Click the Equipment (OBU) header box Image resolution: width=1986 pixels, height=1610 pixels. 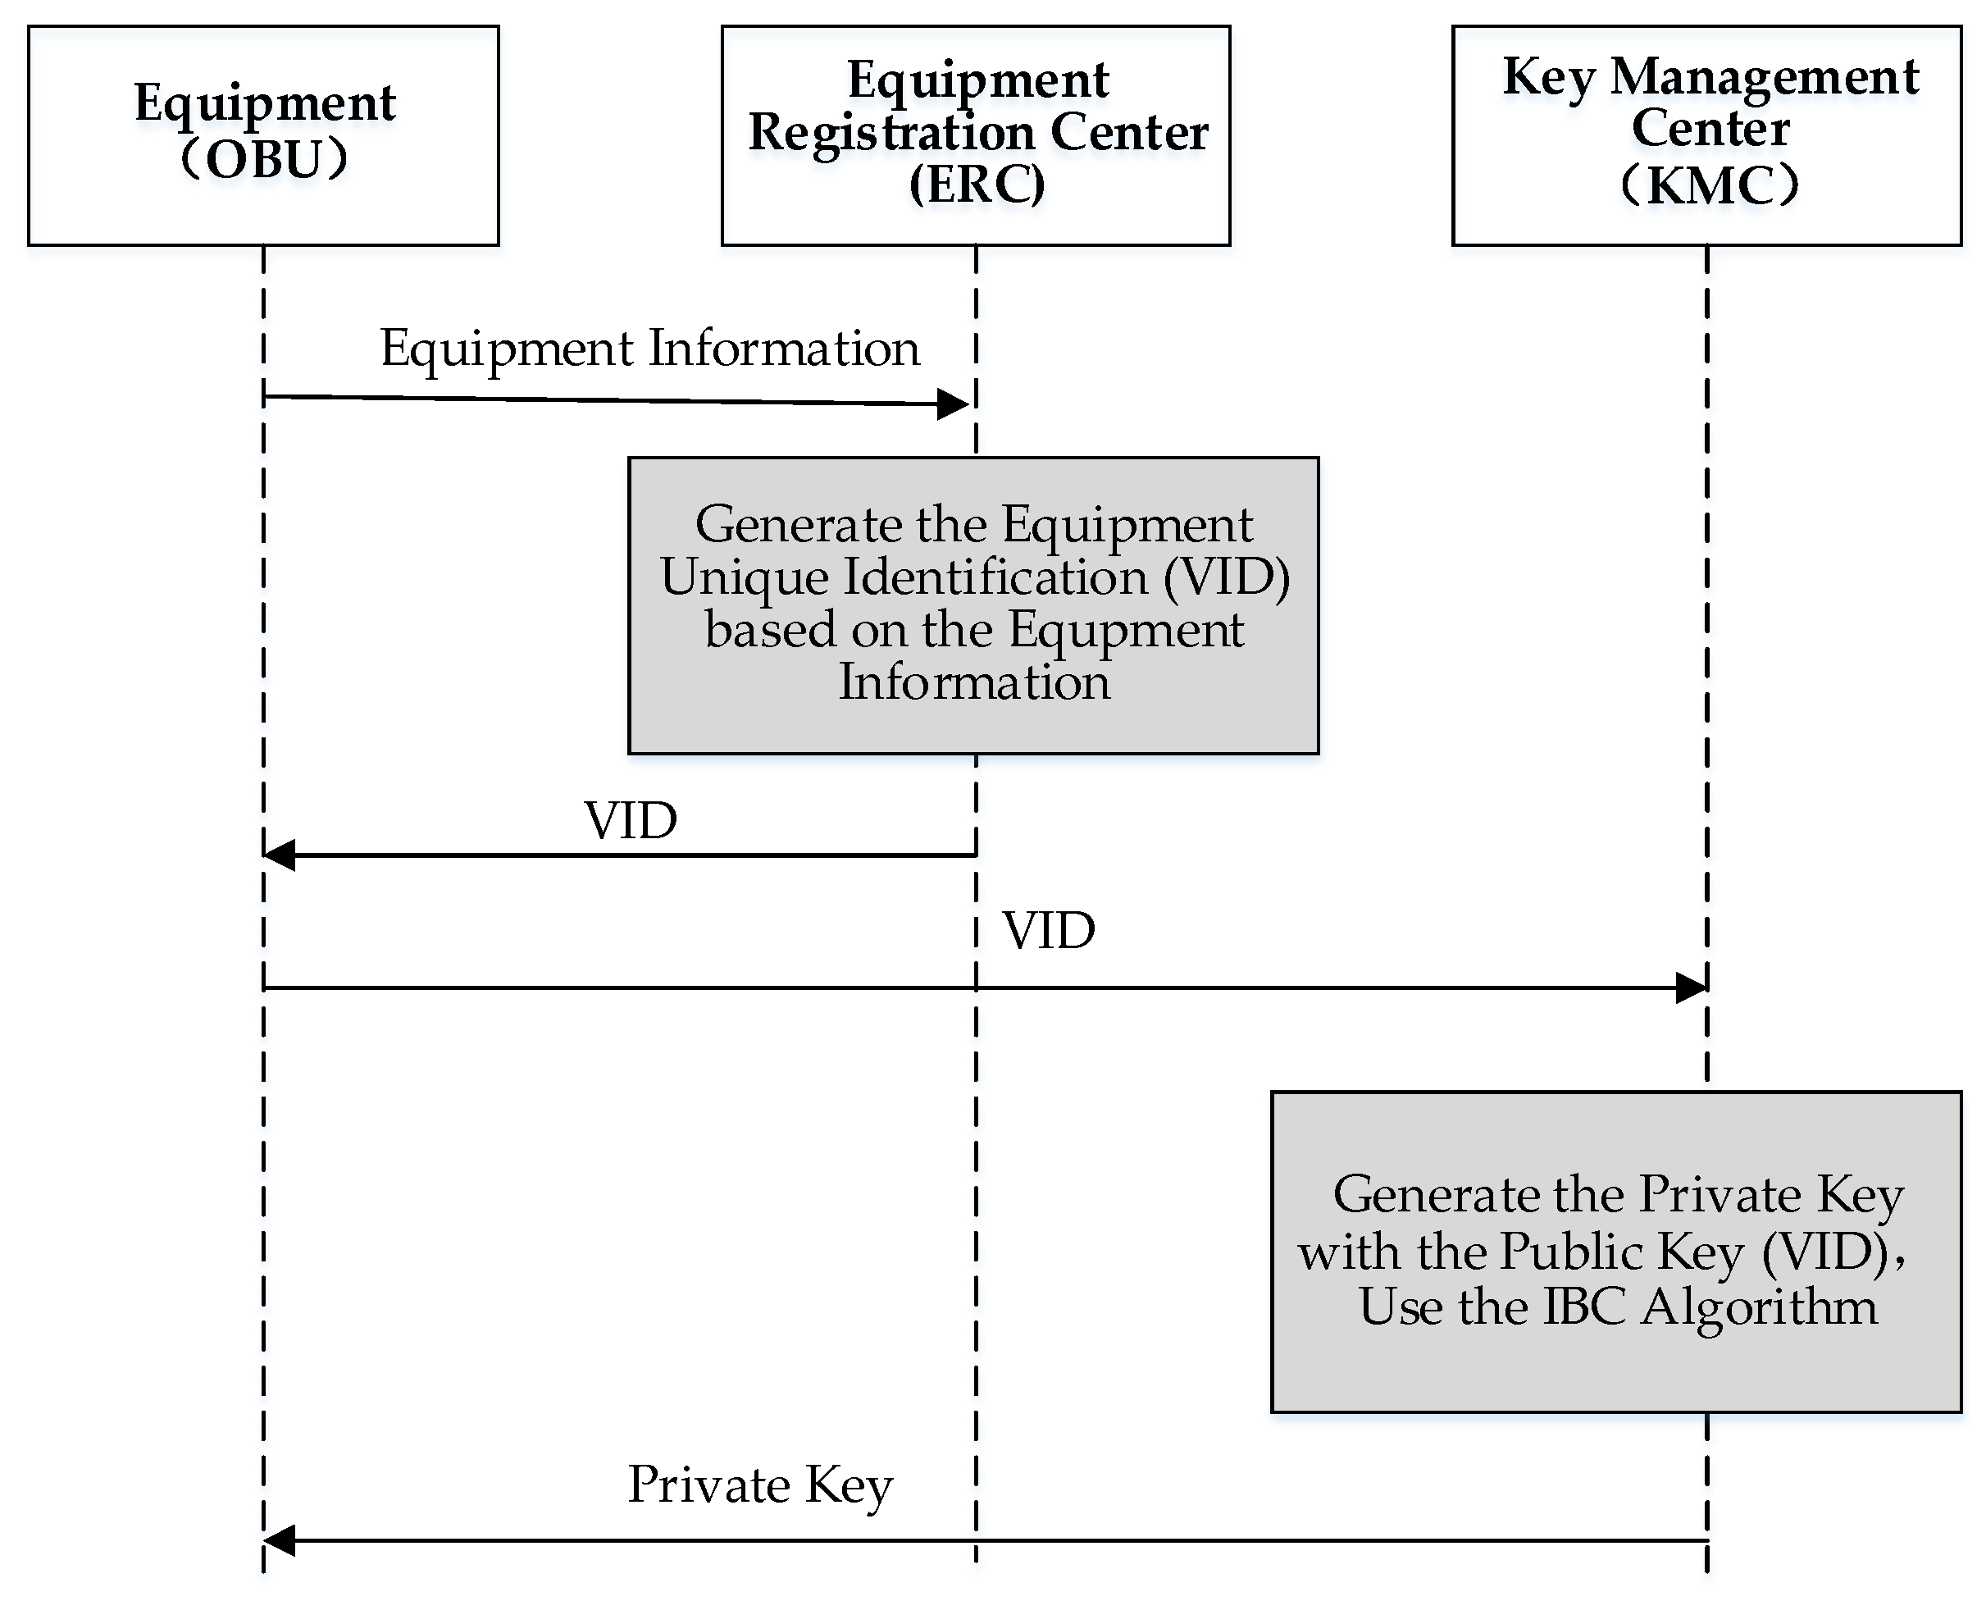(263, 135)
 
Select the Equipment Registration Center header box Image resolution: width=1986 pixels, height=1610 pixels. (976, 135)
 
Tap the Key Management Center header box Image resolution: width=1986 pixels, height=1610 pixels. (1706, 135)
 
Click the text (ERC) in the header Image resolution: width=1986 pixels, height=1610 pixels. (977, 185)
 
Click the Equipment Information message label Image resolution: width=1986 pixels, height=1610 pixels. (649, 349)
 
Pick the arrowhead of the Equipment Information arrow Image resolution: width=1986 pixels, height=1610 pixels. (955, 404)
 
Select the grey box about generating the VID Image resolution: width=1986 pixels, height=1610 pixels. (973, 604)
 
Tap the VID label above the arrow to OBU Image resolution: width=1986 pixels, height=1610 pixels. (631, 822)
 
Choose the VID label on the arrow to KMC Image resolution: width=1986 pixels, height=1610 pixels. (1049, 931)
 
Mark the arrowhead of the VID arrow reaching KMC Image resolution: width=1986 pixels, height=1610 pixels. (1691, 987)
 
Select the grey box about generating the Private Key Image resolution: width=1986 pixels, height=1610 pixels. (1615, 1252)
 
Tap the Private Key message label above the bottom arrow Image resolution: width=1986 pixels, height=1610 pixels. (759, 1485)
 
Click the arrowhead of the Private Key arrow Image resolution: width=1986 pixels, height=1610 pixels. (278, 1540)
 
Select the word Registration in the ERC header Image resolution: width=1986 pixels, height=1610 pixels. (889, 133)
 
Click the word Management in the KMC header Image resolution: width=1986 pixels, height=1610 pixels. (1765, 78)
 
